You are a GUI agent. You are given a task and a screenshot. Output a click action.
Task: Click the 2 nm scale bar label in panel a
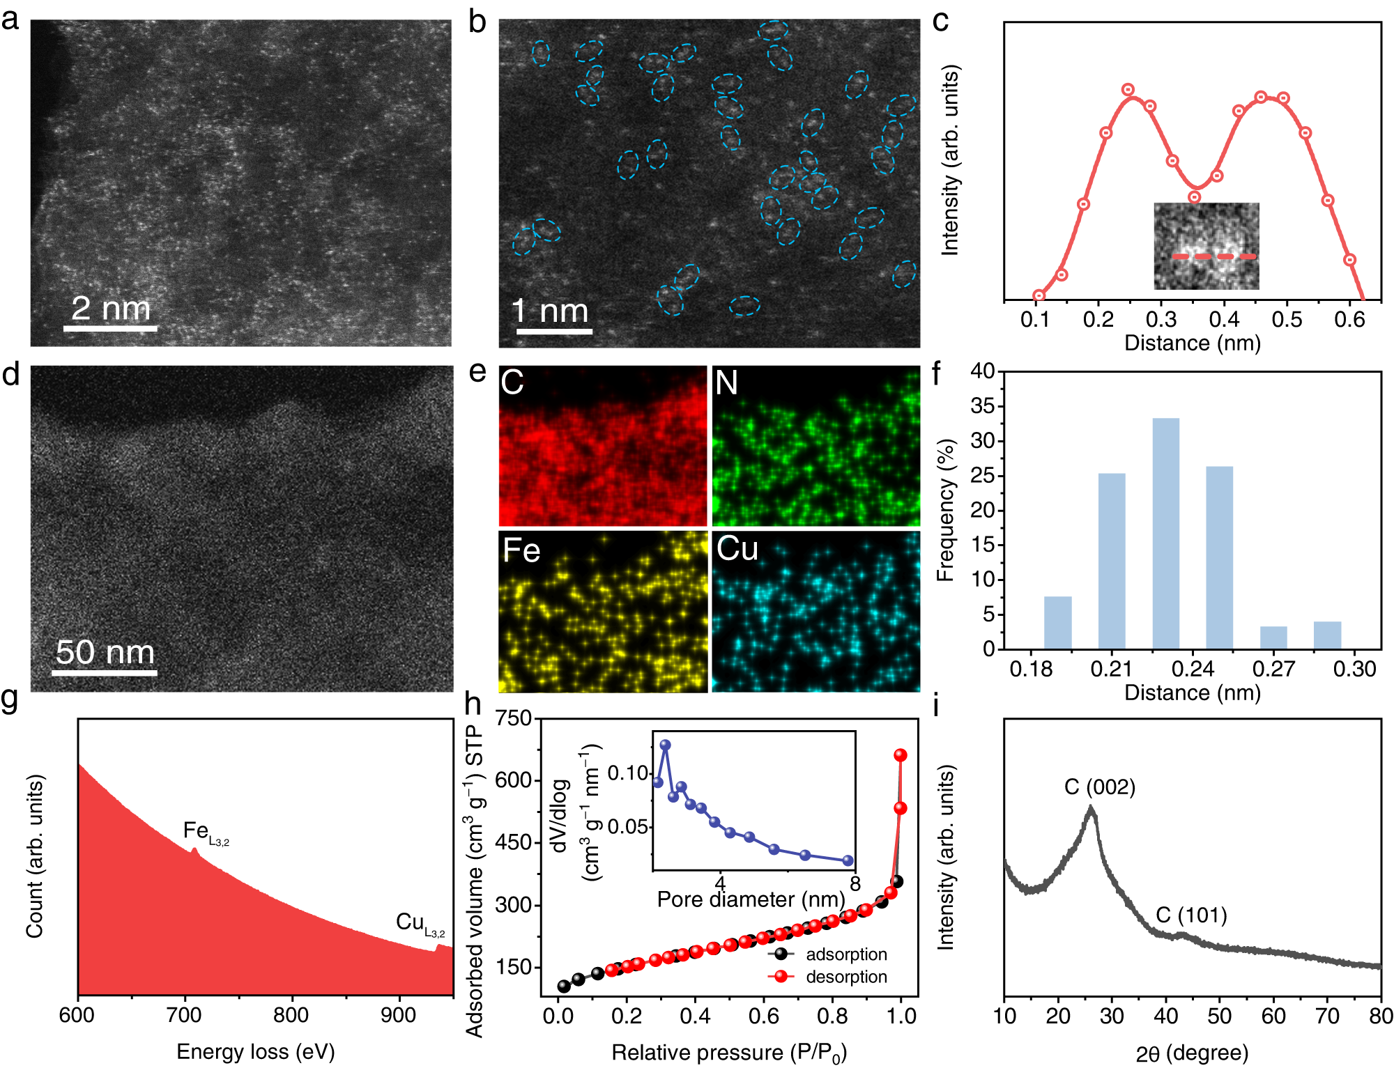[111, 308]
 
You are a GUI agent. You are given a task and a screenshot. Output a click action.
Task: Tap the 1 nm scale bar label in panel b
[550, 310]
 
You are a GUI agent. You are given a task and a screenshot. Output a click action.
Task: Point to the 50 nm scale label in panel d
[105, 652]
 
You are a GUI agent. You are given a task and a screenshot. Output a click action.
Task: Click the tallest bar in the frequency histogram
[1165, 533]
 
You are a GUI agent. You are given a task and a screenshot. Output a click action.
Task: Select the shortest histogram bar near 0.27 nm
[1273, 637]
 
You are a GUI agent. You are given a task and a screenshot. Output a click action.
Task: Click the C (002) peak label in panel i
[1100, 787]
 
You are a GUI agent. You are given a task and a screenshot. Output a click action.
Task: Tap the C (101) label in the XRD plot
[1191, 915]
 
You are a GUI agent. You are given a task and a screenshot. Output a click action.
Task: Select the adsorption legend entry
[846, 954]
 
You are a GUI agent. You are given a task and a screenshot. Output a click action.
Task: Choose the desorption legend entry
[846, 977]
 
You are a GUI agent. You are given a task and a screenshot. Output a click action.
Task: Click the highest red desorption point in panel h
[901, 755]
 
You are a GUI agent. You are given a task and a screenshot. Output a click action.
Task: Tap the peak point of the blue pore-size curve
[665, 745]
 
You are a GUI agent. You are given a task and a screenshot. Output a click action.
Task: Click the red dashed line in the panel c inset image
[1213, 256]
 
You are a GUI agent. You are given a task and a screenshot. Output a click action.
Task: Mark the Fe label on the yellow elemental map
[521, 550]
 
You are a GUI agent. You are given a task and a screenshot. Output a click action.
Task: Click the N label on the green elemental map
[726, 382]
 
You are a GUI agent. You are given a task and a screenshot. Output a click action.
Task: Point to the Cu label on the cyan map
[737, 549]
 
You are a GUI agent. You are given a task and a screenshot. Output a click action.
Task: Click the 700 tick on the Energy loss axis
[184, 1015]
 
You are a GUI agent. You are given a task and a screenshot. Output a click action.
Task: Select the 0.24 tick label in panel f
[1193, 669]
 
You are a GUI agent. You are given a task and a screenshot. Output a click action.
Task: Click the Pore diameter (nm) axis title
[751, 899]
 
